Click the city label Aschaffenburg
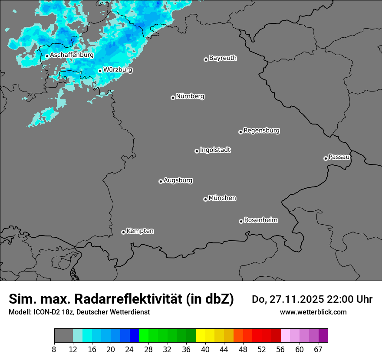point(72,55)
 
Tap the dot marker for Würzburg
point(100,71)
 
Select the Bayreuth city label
point(223,58)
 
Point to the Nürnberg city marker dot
point(173,98)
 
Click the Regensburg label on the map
point(261,130)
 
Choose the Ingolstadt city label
point(215,150)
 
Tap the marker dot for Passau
point(326,158)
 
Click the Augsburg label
point(178,180)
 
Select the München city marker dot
point(205,199)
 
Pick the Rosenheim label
point(260,220)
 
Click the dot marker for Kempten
point(123,232)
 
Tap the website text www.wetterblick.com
point(313,312)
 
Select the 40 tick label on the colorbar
point(205,350)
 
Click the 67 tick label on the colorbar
point(318,350)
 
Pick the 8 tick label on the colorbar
point(54,350)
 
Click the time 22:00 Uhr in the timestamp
point(349,299)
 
